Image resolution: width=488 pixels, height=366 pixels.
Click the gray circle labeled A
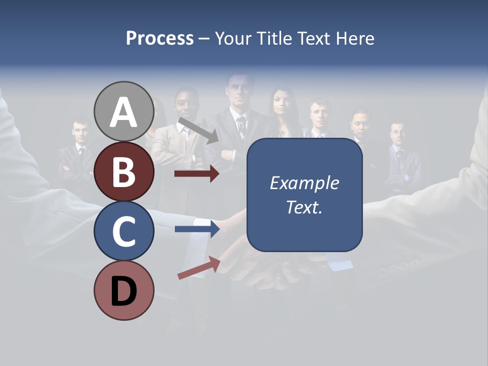point(124,111)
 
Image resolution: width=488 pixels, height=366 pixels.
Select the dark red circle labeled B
point(124,171)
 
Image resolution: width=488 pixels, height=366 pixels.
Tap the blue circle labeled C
point(124,230)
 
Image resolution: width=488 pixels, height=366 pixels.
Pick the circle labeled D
point(124,290)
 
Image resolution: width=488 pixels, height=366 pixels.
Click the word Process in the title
point(160,38)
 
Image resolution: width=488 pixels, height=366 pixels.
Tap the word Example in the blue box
point(304,183)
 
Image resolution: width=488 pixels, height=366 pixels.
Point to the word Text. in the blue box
point(304,207)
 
